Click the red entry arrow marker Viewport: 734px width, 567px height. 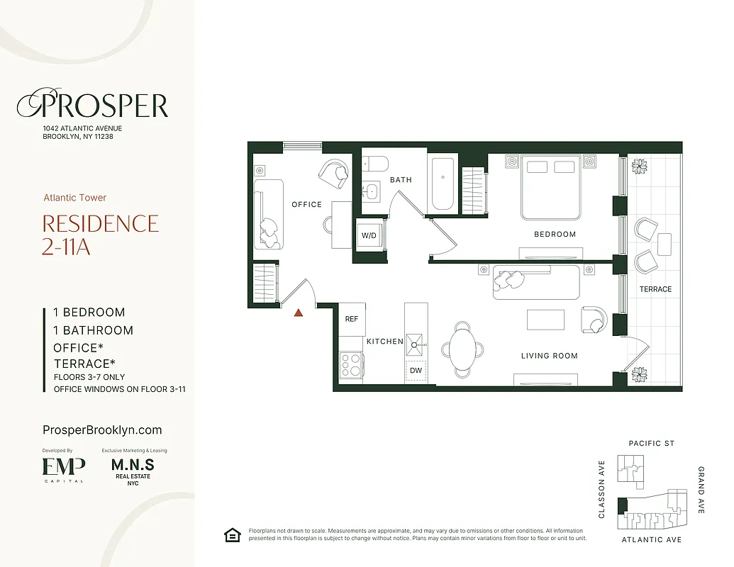[299, 312]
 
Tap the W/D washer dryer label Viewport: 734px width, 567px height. [369, 235]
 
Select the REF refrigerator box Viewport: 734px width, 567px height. [352, 319]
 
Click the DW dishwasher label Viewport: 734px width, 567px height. [416, 370]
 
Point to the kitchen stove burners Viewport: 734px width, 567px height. [351, 364]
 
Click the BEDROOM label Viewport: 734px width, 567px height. [555, 234]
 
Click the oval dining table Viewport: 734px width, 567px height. [463, 349]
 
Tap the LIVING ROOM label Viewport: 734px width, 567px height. [550, 356]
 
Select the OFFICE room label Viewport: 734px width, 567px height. [306, 204]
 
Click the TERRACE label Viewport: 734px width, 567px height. [655, 289]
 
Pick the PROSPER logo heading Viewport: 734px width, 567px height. [93, 106]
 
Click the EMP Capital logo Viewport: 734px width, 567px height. [64, 468]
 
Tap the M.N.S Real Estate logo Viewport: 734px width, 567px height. [133, 469]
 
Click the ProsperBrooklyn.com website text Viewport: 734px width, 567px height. [102, 430]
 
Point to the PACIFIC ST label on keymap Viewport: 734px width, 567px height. [652, 444]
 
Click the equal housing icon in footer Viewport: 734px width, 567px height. [231, 535]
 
